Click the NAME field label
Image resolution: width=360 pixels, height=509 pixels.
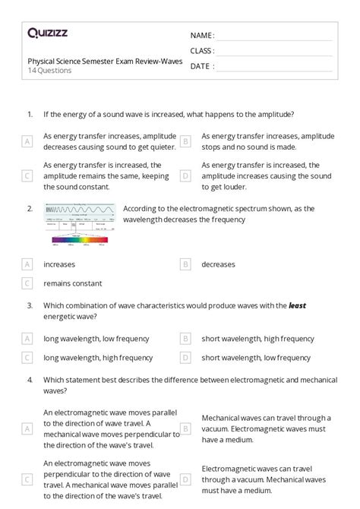pyautogui.click(x=202, y=36)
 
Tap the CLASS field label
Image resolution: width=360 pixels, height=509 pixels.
pyautogui.click(x=202, y=51)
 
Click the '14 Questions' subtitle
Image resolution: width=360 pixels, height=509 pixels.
pyautogui.click(x=50, y=71)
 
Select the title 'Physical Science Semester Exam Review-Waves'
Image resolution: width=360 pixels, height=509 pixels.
pyautogui.click(x=105, y=61)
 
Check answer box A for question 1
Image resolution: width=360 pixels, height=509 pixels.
pyautogui.click(x=27, y=141)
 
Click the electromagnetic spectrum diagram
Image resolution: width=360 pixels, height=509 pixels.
pyautogui.click(x=80, y=224)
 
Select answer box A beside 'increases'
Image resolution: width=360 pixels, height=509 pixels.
pyautogui.click(x=27, y=264)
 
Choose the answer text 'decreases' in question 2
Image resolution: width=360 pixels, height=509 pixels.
pyautogui.click(x=218, y=264)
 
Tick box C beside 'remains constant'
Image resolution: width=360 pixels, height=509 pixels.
pyautogui.click(x=27, y=283)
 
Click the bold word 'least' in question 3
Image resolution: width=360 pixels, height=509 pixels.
pyautogui.click(x=296, y=305)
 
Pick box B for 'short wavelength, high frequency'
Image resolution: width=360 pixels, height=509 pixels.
pyautogui.click(x=185, y=339)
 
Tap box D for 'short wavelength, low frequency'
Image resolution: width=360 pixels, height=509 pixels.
pyautogui.click(x=185, y=357)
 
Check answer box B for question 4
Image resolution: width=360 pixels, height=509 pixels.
pyautogui.click(x=185, y=428)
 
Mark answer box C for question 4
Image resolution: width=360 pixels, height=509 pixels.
pyautogui.click(x=27, y=479)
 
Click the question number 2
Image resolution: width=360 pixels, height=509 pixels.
pyautogui.click(x=29, y=207)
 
